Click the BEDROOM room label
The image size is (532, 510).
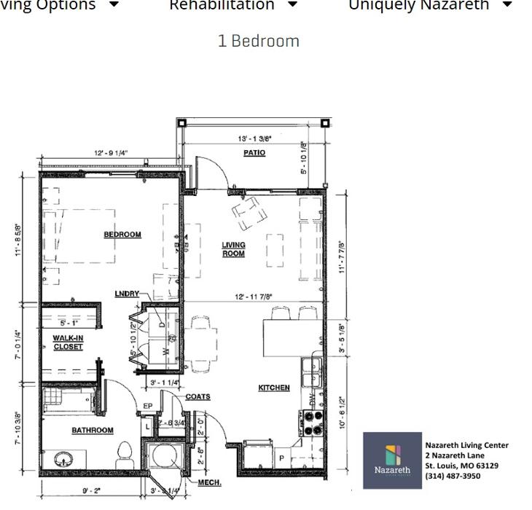pyautogui.click(x=122, y=235)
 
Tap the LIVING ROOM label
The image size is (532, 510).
pyautogui.click(x=233, y=249)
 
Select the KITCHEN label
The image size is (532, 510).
pyautogui.click(x=274, y=388)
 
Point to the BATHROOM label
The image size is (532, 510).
pyautogui.click(x=93, y=431)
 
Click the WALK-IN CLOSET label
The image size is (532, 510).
pyautogui.click(x=68, y=342)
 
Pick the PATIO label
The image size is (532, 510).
pyautogui.click(x=254, y=153)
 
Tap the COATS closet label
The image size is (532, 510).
pyautogui.click(x=197, y=397)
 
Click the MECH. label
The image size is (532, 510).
pyautogui.click(x=210, y=482)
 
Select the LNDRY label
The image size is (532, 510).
pyautogui.click(x=127, y=294)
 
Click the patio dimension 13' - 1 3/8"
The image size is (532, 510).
pyautogui.click(x=254, y=138)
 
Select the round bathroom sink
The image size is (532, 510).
pyautogui.click(x=63, y=460)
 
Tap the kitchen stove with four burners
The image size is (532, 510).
pyautogui.click(x=313, y=423)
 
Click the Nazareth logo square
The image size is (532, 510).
pyautogui.click(x=392, y=460)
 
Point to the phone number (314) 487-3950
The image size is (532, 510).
pyautogui.click(x=453, y=476)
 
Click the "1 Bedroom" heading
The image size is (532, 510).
pyautogui.click(x=258, y=41)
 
